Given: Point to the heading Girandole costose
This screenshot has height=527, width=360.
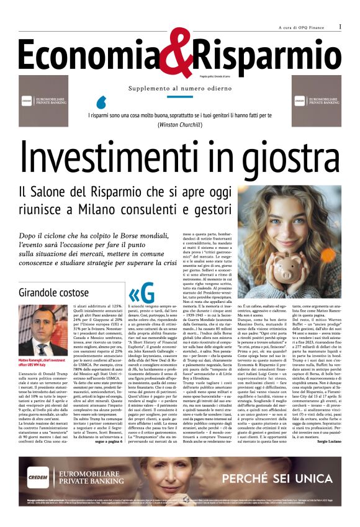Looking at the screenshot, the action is pos(55,292).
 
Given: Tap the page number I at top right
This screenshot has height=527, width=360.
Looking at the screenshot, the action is pos(340,27).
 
